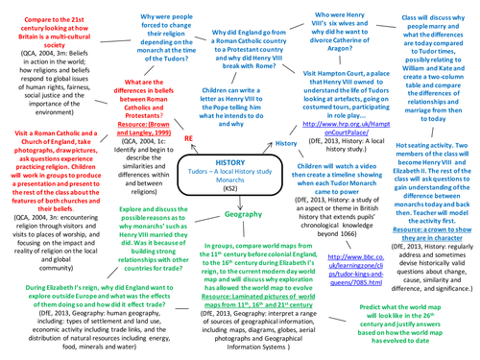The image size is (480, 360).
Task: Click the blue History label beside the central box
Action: [286, 143]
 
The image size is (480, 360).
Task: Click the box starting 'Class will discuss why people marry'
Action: [428, 57]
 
